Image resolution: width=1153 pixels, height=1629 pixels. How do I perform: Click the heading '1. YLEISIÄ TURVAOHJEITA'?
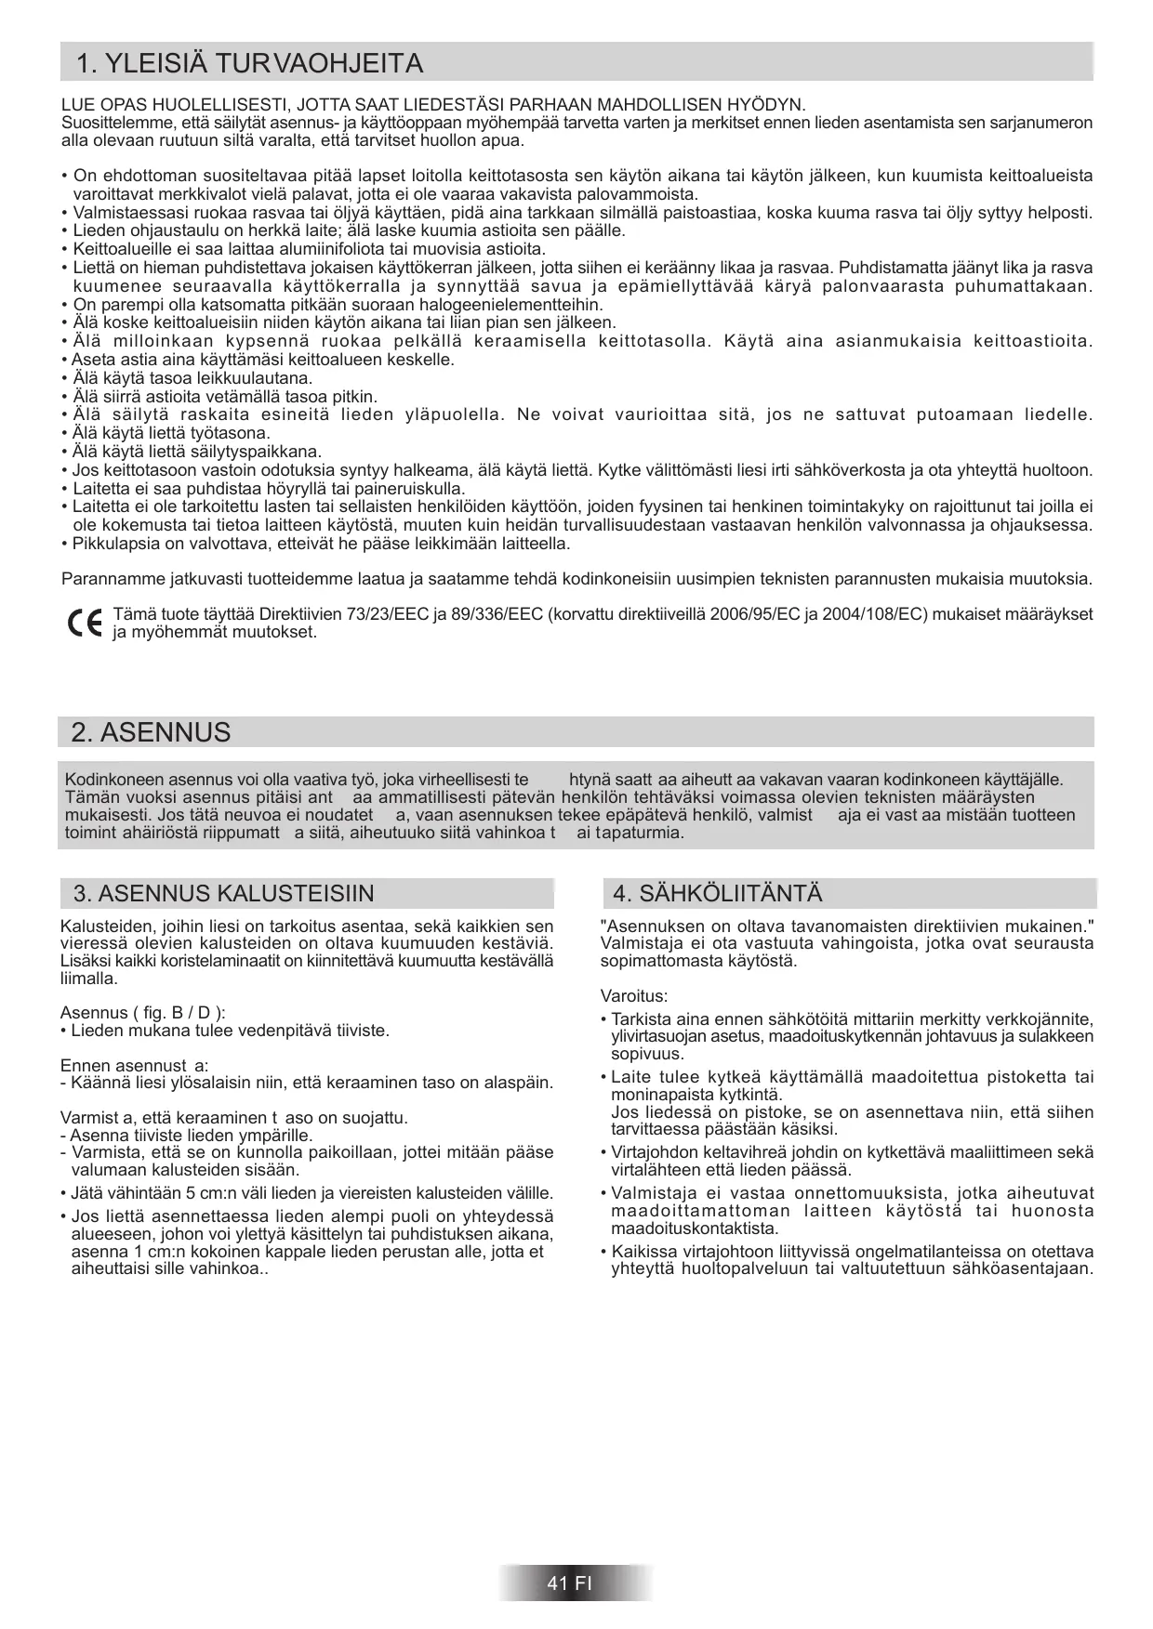point(248,63)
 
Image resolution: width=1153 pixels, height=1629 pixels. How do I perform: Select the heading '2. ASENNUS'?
point(151,732)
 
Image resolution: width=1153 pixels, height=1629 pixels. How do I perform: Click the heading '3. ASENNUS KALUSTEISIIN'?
point(223,894)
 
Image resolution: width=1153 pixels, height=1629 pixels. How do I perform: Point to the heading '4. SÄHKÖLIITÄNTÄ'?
point(717,894)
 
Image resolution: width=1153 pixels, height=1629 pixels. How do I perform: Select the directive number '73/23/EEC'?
point(391,615)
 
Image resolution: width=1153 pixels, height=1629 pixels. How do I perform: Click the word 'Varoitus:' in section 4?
point(634,996)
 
